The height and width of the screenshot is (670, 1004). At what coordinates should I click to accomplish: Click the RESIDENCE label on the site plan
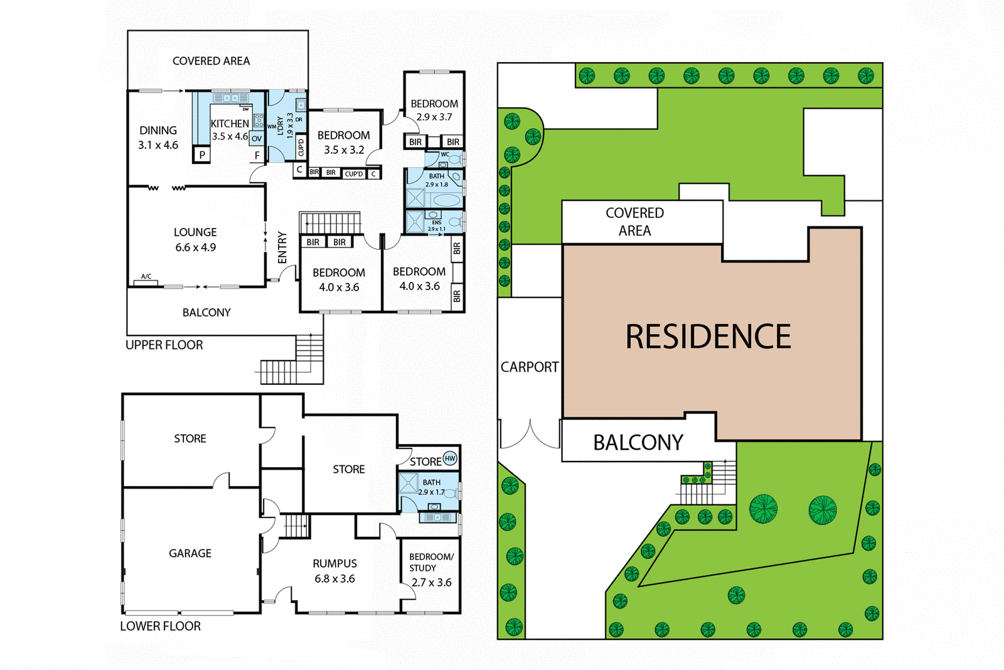tap(708, 337)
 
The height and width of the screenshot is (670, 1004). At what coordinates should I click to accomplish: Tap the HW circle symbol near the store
tap(450, 458)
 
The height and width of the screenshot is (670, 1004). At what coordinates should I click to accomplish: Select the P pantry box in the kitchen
tap(201, 154)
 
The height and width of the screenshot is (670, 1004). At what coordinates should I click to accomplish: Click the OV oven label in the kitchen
tap(257, 138)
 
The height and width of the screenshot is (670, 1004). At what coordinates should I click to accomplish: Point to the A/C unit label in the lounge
tap(146, 276)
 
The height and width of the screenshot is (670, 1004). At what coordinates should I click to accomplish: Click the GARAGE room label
tap(190, 553)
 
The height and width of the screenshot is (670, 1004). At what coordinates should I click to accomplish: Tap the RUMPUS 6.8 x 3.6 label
tap(334, 571)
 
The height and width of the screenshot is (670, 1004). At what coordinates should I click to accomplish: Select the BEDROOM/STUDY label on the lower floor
tap(431, 563)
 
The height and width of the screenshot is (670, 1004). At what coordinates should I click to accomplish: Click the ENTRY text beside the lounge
tap(282, 247)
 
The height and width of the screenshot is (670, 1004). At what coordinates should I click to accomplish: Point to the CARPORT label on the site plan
tap(529, 367)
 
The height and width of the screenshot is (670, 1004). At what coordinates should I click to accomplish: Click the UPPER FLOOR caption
tap(164, 345)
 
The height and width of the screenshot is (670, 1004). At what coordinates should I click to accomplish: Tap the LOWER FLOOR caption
tap(160, 626)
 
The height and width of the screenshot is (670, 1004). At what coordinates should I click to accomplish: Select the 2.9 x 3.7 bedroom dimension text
tap(434, 117)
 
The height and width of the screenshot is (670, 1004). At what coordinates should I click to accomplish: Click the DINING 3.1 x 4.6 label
tap(158, 138)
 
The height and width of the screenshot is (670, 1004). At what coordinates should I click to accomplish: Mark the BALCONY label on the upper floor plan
tap(206, 312)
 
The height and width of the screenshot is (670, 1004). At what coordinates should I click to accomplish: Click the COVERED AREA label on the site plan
tap(634, 222)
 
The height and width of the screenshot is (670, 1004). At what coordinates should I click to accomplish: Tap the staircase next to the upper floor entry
tap(330, 223)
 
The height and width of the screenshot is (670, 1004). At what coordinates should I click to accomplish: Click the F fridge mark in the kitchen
tap(257, 155)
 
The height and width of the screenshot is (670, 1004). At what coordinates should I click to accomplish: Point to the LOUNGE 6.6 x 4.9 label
tap(195, 239)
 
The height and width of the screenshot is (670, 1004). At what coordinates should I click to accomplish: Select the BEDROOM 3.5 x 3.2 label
tap(343, 143)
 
